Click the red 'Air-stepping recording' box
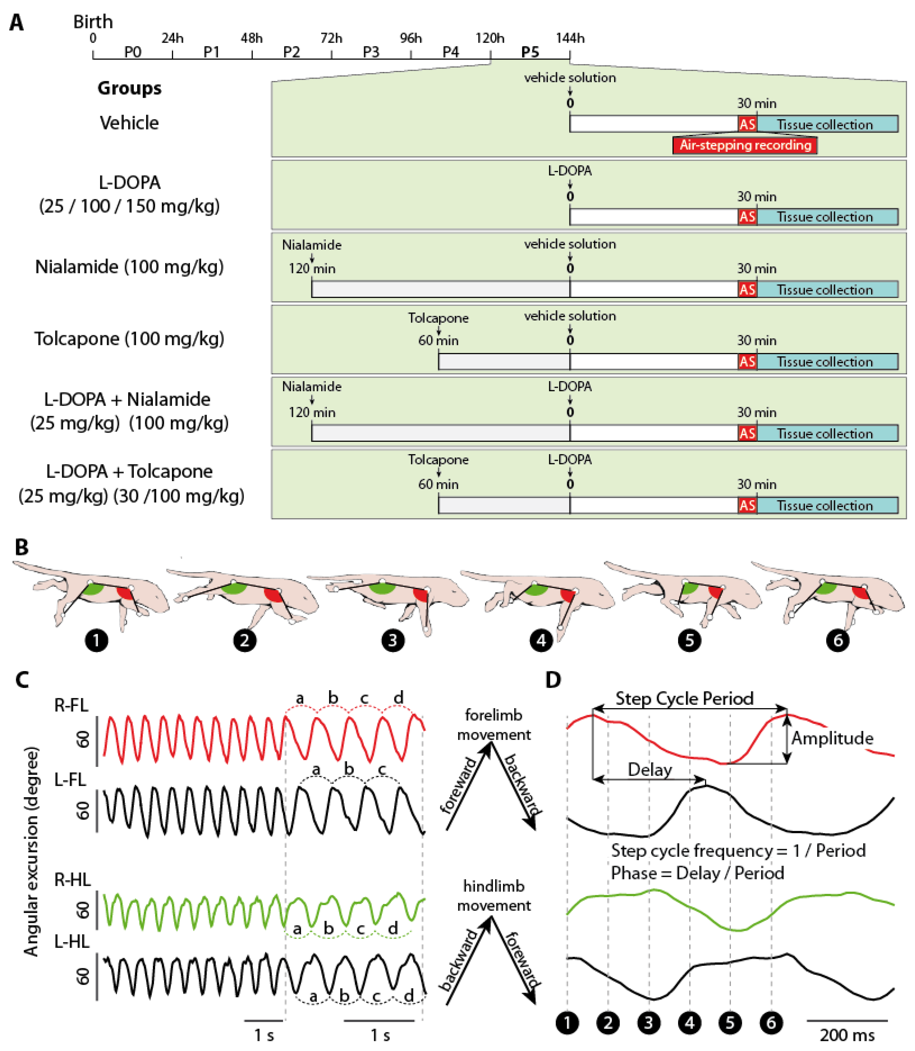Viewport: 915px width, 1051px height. [745, 145]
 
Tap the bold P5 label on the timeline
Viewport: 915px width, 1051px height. [530, 52]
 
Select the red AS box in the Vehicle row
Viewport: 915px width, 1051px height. [747, 124]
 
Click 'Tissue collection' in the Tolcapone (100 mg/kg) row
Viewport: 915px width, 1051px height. [825, 362]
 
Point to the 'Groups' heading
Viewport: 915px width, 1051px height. [129, 88]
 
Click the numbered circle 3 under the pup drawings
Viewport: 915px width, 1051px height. [393, 640]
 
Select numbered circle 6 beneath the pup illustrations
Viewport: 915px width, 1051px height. [837, 640]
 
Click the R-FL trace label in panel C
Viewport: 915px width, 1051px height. [71, 705]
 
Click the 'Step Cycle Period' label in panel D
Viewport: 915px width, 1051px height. [684, 698]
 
